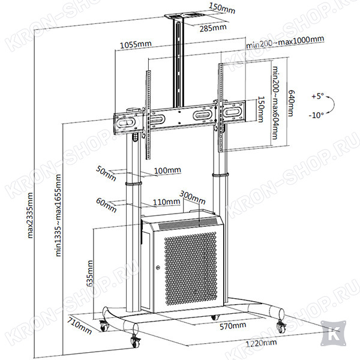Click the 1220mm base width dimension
tap(261, 343)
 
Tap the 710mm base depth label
tap(79, 326)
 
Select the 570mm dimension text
tap(233, 326)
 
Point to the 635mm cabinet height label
tap(89, 273)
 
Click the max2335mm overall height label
tap(30, 215)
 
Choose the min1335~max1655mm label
tap(58, 215)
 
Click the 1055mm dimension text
tap(136, 44)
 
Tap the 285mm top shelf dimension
tap(213, 28)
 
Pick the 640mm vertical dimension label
tap(291, 103)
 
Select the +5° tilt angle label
tap(317, 96)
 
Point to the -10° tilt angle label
tap(316, 115)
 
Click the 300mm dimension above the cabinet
tap(193, 197)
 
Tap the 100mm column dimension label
tap(167, 170)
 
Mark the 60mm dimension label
tap(106, 205)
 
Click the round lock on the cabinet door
tap(158, 268)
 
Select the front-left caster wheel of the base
tap(135, 341)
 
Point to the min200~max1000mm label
tap(285, 42)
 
